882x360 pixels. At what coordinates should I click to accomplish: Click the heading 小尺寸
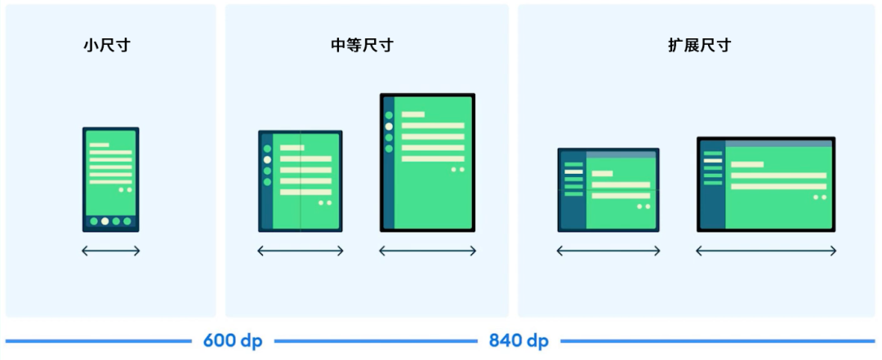106,46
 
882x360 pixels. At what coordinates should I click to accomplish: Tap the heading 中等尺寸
356,46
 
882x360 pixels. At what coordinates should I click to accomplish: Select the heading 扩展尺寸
699,46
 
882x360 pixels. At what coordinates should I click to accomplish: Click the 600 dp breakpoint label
233,340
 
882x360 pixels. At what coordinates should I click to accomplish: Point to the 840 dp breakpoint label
519,340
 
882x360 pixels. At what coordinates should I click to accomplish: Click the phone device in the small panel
110,180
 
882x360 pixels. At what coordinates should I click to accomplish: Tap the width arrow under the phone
110,251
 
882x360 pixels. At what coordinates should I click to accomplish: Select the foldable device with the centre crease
301,180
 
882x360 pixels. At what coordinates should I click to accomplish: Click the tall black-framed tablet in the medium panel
427,162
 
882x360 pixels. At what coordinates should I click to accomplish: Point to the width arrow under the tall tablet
427,251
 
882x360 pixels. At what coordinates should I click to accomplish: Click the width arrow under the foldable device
301,251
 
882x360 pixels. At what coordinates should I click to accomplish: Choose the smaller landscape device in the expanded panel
608,189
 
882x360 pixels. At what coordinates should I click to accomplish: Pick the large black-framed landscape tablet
766,184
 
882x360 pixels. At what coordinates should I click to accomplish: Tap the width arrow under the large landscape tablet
766,251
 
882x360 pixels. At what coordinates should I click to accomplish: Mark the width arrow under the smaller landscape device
608,251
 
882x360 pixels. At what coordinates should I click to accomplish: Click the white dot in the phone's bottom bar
105,221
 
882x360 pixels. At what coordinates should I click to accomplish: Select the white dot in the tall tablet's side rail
389,127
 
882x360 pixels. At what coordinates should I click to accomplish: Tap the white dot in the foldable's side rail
267,160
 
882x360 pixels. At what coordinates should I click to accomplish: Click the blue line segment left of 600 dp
98,340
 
